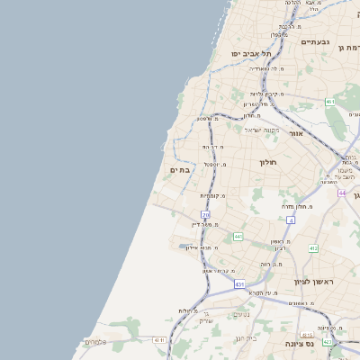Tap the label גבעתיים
point(315,41)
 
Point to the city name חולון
point(270,162)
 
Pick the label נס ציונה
point(300,344)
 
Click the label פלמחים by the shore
point(96,342)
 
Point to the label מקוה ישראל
point(262,130)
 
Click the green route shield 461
point(330,102)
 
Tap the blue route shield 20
point(205,214)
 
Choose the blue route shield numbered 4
point(291,219)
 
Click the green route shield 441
point(238,236)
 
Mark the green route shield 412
point(313,248)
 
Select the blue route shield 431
point(239,284)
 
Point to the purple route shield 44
point(342,193)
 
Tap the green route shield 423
point(328,343)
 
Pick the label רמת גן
point(346,47)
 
